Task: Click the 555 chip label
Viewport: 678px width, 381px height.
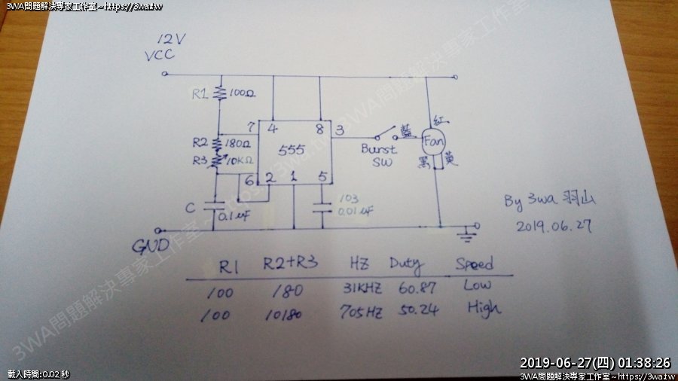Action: [291, 150]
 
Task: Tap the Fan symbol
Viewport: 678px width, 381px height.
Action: [432, 141]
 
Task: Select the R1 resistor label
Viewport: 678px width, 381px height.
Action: [200, 94]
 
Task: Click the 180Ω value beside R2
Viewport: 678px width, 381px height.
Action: [241, 142]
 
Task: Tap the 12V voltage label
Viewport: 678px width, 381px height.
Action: [170, 40]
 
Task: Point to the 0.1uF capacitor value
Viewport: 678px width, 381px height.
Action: [235, 217]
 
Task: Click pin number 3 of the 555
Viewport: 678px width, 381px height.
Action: [341, 130]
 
